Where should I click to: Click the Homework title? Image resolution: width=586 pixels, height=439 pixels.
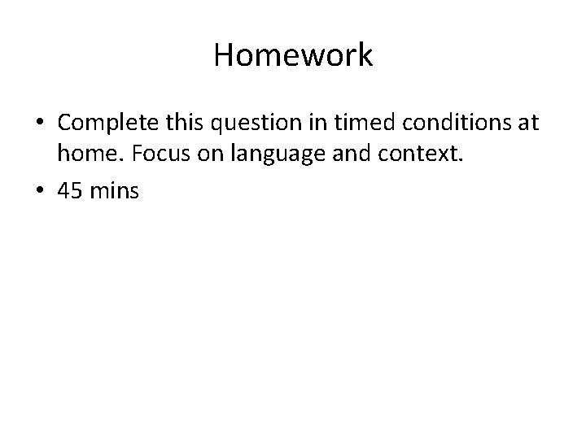[293, 55]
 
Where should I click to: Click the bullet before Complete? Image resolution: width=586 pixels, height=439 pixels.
[40, 124]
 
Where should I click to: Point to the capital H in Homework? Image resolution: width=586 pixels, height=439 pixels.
[224, 55]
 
